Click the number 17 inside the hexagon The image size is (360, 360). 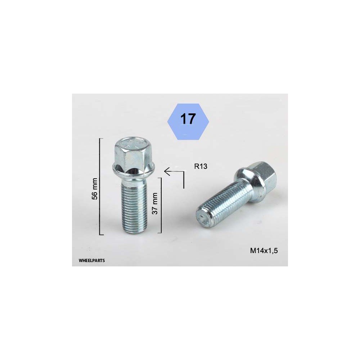pyautogui.click(x=188, y=119)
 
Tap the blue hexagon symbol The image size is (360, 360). pyautogui.click(x=188, y=122)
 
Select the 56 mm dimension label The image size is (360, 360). pyautogui.click(x=95, y=189)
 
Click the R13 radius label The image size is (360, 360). pyautogui.click(x=201, y=166)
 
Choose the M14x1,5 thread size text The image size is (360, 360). pyautogui.click(x=264, y=251)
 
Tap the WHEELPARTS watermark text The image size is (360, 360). pyautogui.click(x=91, y=261)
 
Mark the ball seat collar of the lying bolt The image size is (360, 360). pyautogui.click(x=248, y=185)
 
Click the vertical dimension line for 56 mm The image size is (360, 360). pyautogui.click(x=100, y=186)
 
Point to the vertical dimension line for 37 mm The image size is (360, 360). pyautogui.click(x=161, y=205)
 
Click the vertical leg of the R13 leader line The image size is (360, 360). pyautogui.click(x=184, y=180)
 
